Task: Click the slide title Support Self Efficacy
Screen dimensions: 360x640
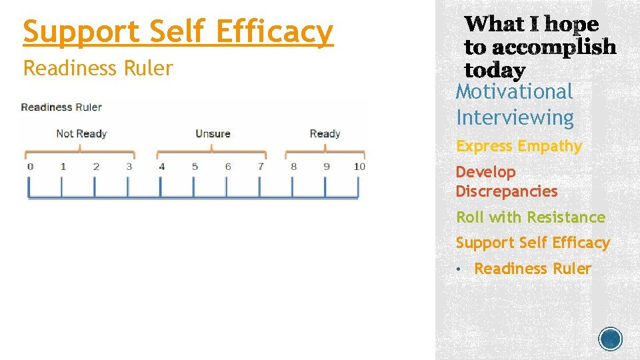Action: pos(177,32)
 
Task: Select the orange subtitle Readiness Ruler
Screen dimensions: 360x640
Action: pos(98,68)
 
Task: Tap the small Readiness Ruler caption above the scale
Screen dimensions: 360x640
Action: pos(61,107)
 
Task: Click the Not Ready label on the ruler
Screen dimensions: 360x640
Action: pos(81,133)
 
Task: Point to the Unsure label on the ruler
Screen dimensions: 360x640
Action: pos(213,133)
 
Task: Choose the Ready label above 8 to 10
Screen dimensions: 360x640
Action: pos(325,133)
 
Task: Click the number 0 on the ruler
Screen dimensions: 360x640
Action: pos(30,166)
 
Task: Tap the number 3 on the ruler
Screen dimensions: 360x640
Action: pos(129,166)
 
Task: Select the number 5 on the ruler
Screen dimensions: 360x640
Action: pos(195,166)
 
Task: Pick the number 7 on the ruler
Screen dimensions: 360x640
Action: pos(261,166)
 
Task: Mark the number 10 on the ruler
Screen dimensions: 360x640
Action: pos(359,166)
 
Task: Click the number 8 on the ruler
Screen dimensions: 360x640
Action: pos(293,166)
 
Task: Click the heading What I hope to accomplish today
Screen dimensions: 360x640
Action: pos(539,47)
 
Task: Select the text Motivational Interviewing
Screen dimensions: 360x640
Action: pos(515,105)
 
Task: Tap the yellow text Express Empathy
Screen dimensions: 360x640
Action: pos(519,146)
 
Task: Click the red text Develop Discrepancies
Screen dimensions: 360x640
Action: pos(506,181)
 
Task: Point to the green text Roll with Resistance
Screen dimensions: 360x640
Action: pos(530,217)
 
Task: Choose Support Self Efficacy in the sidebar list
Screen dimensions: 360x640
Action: pos(533,243)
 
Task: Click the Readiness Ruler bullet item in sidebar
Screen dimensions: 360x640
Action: pos(532,269)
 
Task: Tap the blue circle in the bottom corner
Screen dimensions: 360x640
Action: pos(611,339)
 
